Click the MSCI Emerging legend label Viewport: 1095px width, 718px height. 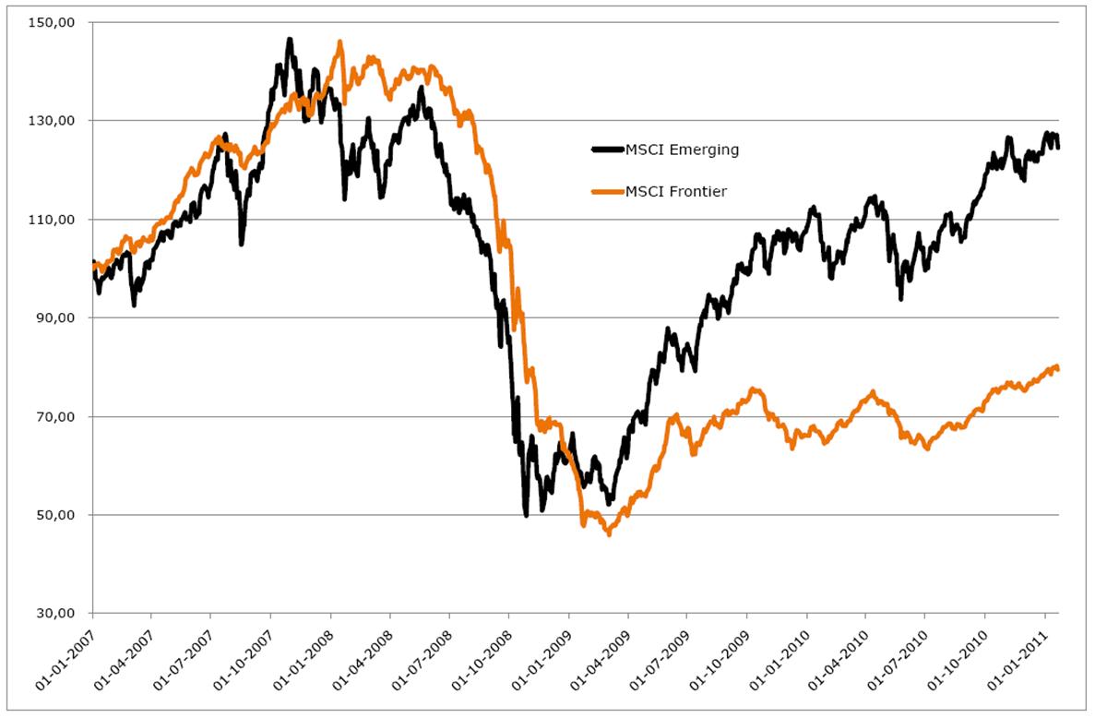[x=683, y=150]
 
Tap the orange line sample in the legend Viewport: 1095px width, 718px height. [x=606, y=191]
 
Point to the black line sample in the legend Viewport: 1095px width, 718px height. [x=606, y=150]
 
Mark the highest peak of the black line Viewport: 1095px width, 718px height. [x=289, y=40]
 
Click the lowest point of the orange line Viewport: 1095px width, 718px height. [x=609, y=534]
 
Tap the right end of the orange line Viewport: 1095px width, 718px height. [x=1057, y=369]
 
